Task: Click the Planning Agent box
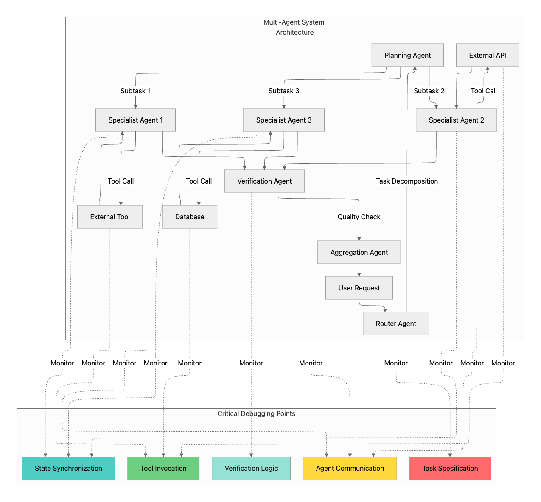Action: coord(407,55)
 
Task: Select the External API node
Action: coord(487,55)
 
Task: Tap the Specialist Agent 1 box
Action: coord(135,120)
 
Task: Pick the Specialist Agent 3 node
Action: coord(283,120)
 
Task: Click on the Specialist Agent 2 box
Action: coord(456,120)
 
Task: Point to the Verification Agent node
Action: coord(264,181)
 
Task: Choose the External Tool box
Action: coord(110,217)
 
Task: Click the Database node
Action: coord(190,217)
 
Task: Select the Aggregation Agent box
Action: coord(359,252)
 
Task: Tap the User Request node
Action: coord(359,288)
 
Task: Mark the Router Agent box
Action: coord(396,324)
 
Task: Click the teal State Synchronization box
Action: coord(68,468)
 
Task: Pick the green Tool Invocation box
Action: coord(163,468)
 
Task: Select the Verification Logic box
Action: coord(251,468)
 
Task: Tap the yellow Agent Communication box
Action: coord(350,468)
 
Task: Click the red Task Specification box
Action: coord(450,468)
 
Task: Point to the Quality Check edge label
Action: coord(359,217)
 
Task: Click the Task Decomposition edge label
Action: coord(406,181)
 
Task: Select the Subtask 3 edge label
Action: coord(283,91)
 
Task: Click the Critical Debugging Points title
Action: coord(256,413)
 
